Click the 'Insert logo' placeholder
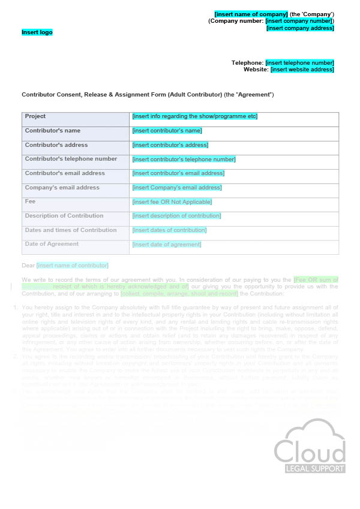click(x=37, y=32)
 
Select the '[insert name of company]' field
click(x=251, y=14)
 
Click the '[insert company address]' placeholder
click(x=300, y=28)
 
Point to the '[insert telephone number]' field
click(x=299, y=63)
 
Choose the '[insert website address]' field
click(x=302, y=70)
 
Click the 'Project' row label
click(x=35, y=116)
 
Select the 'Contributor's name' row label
click(x=53, y=131)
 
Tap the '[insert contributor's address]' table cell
click(x=170, y=145)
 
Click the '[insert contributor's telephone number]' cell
click(x=184, y=159)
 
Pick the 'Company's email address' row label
click(x=62, y=188)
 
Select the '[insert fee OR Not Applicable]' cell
click(x=171, y=202)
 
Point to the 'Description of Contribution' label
click(x=64, y=216)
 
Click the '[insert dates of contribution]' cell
click(x=169, y=230)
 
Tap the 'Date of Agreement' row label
click(x=52, y=244)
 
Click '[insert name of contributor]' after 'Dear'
click(x=73, y=265)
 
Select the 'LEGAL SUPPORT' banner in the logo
click(x=310, y=468)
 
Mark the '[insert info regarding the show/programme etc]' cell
click(x=195, y=116)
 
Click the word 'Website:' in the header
click(x=256, y=70)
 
